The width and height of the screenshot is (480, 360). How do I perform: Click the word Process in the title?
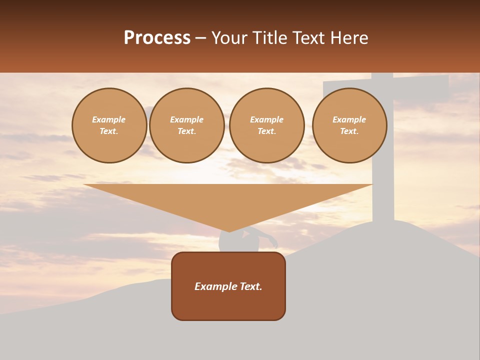(x=157, y=38)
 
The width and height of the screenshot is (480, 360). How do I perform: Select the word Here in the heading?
(x=348, y=38)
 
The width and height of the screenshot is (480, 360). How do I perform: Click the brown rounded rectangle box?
(x=228, y=305)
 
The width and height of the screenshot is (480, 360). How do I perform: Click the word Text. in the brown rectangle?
(x=251, y=286)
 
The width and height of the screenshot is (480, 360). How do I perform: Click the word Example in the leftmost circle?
(x=109, y=120)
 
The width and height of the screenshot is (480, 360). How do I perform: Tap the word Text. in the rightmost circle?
(x=349, y=131)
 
